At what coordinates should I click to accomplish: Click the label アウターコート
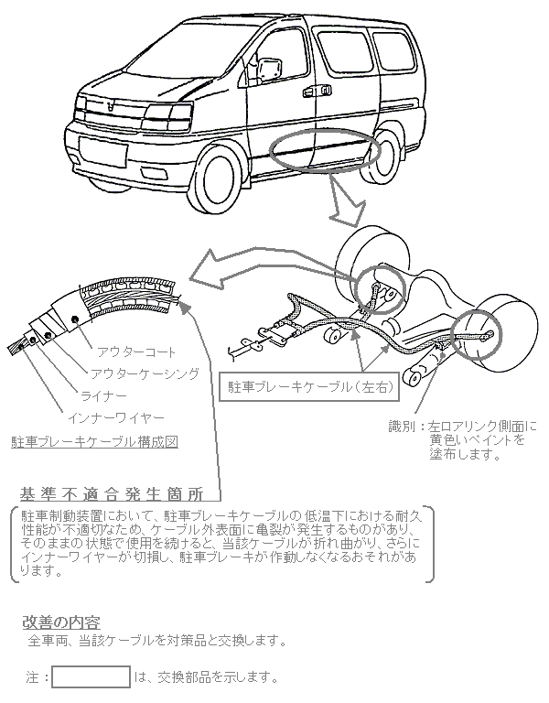[x=136, y=351]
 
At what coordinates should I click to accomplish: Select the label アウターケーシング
[x=145, y=373]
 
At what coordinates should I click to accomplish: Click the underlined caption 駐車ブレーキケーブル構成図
[x=94, y=441]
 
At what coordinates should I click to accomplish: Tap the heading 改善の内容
[x=61, y=622]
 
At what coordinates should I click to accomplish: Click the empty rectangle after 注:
[x=91, y=677]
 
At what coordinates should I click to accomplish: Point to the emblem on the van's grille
[x=112, y=106]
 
